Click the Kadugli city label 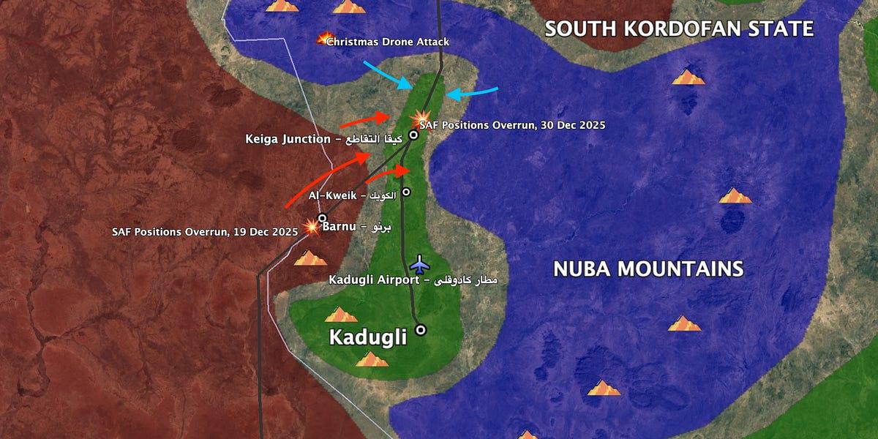tap(367, 337)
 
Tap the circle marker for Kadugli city tap(421, 330)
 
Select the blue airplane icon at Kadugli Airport tap(419, 263)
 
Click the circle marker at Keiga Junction tap(413, 135)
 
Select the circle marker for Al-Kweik tap(406, 192)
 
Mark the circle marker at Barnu tap(322, 218)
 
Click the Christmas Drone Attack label tap(388, 42)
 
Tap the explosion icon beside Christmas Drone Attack tap(324, 38)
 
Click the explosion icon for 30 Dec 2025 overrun tap(421, 118)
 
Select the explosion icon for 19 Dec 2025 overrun tap(312, 226)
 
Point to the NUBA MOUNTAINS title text tap(648, 269)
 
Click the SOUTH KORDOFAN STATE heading tap(679, 29)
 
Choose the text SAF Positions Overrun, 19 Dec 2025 tap(205, 231)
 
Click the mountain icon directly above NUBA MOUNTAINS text tap(735, 196)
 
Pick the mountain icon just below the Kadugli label tap(372, 359)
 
